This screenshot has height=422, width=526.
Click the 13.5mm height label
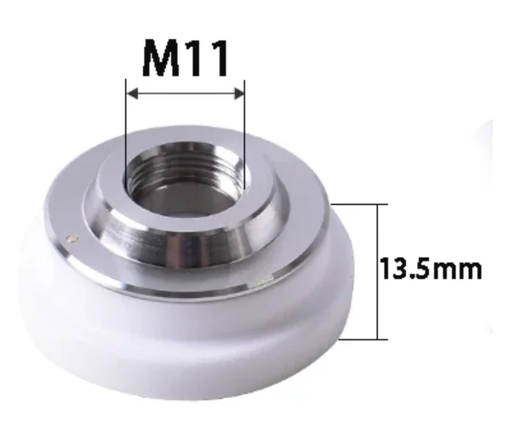(431, 271)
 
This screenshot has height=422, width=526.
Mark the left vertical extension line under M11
(126, 128)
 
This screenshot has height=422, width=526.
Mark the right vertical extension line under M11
(245, 128)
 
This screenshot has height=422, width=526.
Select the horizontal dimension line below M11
(186, 92)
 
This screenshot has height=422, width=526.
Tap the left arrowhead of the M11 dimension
(131, 92)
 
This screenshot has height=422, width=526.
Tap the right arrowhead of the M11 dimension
(240, 92)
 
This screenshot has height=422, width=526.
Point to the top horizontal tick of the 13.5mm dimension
(357, 204)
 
